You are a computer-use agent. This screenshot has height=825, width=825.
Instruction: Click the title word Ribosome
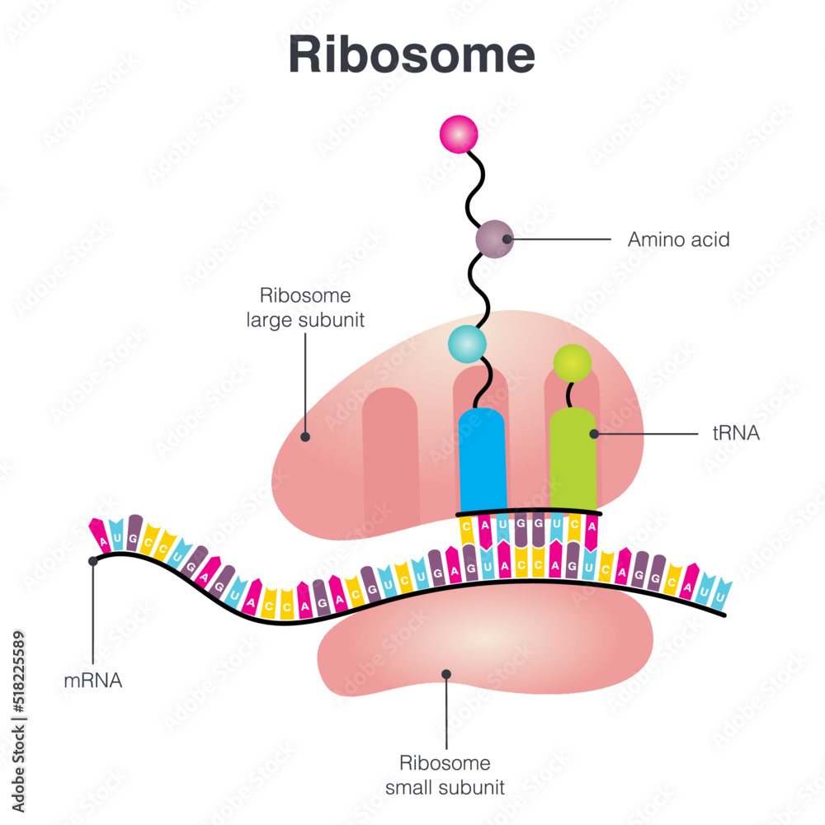412,56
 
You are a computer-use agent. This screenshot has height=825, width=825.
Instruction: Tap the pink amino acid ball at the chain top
459,134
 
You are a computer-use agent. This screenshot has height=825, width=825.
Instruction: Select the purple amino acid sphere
495,239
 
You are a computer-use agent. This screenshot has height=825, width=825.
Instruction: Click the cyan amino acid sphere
468,342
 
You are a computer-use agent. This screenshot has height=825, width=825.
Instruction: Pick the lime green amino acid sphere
573,362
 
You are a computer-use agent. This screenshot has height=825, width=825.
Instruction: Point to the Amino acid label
678,240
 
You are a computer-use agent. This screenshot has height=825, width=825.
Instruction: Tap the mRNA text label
93,681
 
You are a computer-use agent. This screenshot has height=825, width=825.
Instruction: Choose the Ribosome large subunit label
305,308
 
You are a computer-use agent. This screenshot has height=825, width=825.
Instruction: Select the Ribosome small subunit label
445,775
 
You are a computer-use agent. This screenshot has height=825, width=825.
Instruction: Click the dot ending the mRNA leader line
94,561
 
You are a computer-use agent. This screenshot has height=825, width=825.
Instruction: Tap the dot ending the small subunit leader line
446,674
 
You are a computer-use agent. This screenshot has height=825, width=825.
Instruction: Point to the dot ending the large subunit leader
305,437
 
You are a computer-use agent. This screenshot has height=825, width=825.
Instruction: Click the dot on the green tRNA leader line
593,432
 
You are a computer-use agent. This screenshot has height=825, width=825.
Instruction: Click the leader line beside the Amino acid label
561,240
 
